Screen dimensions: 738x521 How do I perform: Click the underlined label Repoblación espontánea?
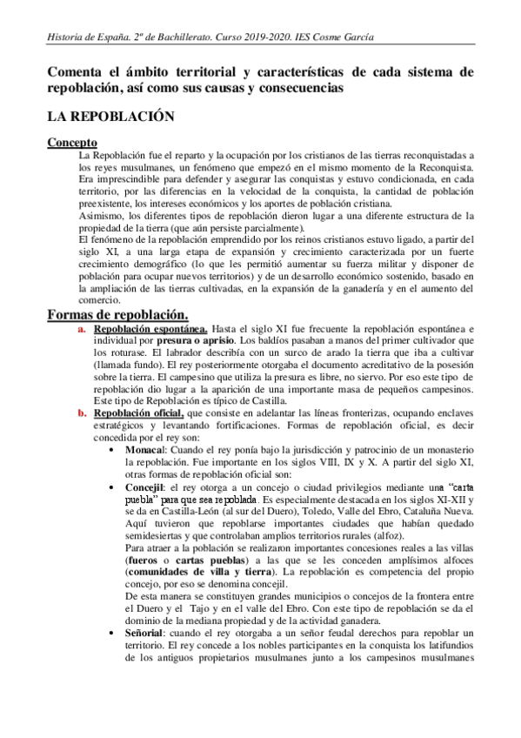(x=150, y=329)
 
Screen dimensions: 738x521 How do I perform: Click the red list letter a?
(x=82, y=329)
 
